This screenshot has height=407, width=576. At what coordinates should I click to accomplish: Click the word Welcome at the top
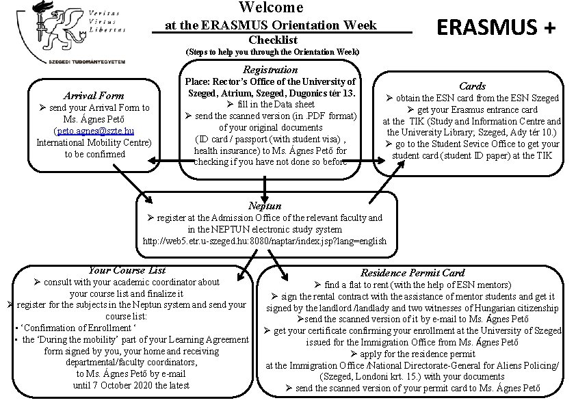[271, 8]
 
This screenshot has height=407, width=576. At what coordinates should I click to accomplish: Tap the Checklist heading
[272, 40]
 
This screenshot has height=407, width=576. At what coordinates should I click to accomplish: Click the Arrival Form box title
[94, 96]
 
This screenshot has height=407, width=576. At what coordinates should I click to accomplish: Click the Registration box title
[271, 70]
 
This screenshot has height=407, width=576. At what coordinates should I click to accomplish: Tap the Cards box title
[472, 86]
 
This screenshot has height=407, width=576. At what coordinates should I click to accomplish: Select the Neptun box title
[264, 205]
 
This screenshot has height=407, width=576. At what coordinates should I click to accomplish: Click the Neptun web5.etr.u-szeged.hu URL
[264, 241]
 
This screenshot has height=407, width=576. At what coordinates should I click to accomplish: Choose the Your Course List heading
[127, 270]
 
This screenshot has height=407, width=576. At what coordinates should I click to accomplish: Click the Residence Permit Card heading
[413, 273]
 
